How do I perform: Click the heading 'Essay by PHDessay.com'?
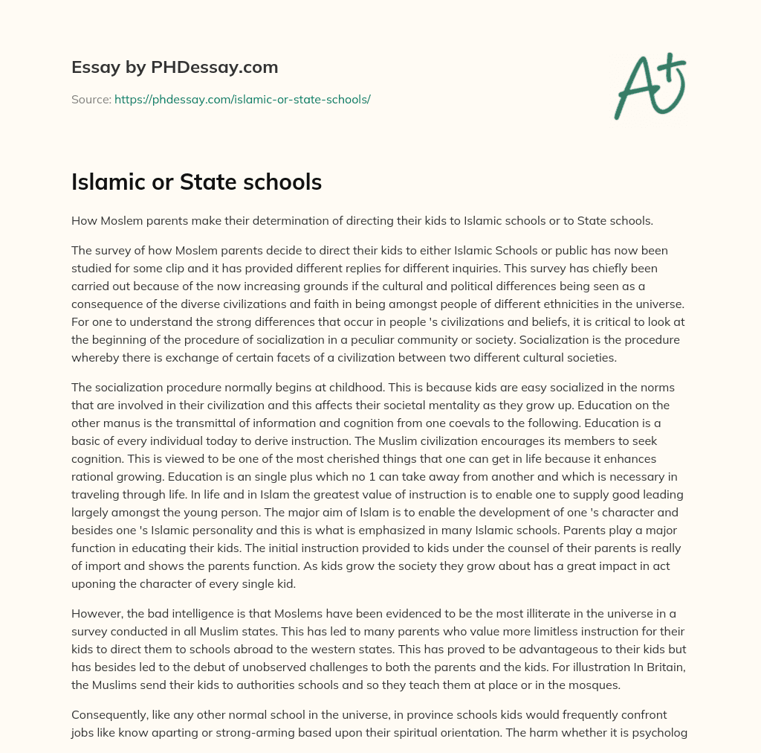pos(175,68)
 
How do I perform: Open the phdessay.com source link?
pos(242,99)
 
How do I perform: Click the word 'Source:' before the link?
pos(91,99)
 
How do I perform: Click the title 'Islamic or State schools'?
pos(196,182)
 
